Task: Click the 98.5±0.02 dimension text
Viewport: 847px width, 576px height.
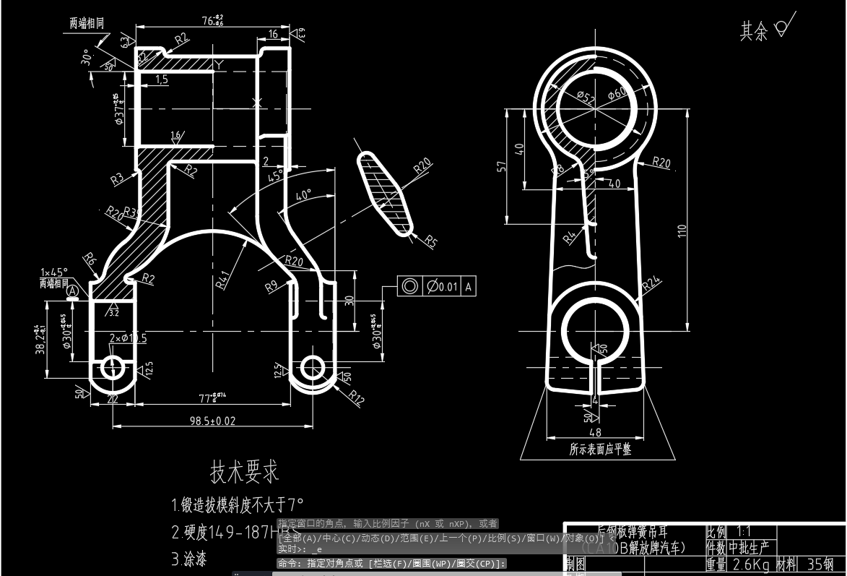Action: point(212,420)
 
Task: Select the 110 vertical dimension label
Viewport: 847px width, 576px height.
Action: point(681,232)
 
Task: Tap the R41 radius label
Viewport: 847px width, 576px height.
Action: point(223,279)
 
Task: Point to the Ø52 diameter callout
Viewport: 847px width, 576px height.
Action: point(586,98)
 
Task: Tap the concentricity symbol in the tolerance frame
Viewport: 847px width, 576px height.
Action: point(410,286)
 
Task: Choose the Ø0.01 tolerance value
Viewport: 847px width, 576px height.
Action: point(443,286)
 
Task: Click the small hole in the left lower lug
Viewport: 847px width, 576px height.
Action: point(113,366)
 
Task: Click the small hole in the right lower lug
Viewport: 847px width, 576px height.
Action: point(313,367)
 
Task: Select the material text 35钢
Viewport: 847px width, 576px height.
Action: point(820,564)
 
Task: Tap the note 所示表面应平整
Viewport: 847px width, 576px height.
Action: point(600,450)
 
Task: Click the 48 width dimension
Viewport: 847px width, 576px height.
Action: point(595,433)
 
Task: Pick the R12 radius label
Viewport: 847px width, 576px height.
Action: point(355,396)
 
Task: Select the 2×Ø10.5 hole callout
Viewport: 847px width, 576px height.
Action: point(128,338)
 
